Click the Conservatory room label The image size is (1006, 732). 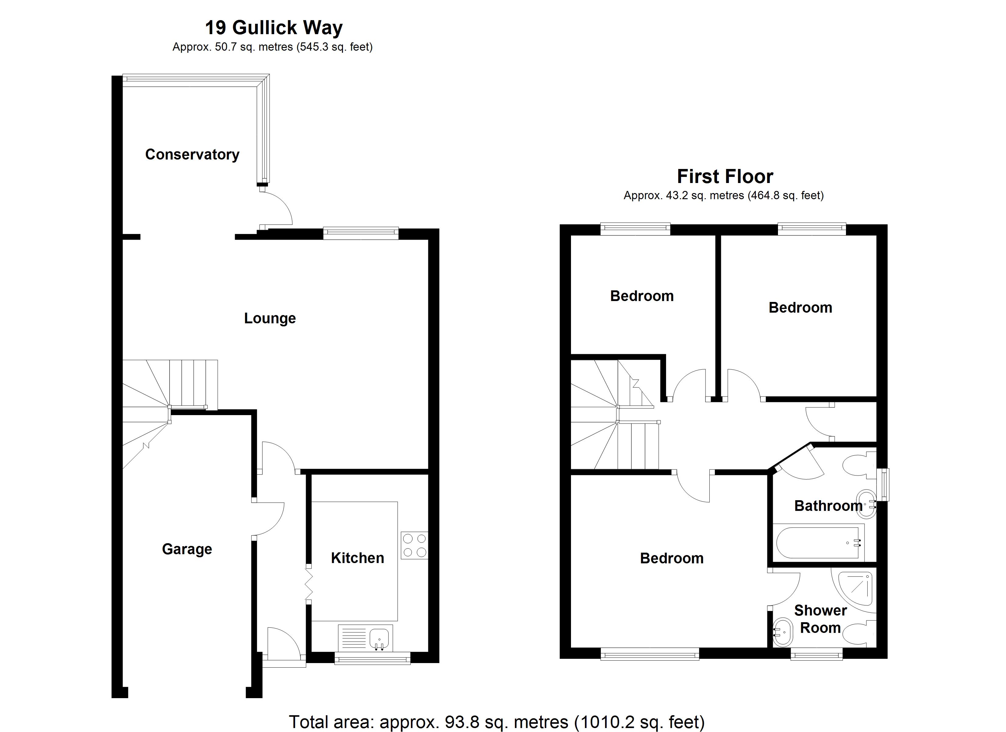[x=192, y=154]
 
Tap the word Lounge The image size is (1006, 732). [x=270, y=318]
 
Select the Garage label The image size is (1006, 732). [x=187, y=549]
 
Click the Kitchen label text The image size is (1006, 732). [x=358, y=558]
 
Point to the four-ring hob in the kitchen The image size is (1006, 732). [x=414, y=545]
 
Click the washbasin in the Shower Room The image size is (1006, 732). [x=783, y=632]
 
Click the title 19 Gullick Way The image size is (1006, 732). [x=274, y=27]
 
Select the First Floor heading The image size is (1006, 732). [x=725, y=176]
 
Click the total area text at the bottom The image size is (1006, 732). [x=497, y=722]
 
